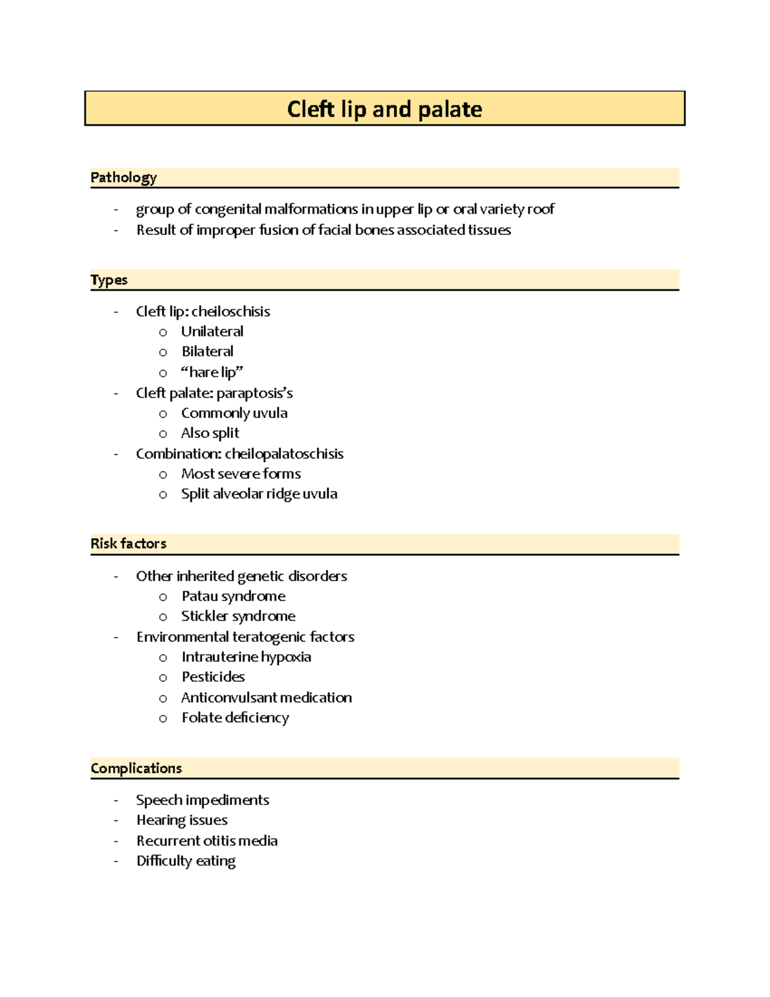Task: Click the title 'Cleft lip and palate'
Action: [384, 109]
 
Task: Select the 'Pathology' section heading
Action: [123, 178]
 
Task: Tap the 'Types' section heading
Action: [109, 280]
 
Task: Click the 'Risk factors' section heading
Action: [128, 544]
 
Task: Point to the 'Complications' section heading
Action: [136, 768]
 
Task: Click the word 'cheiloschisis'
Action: [230, 312]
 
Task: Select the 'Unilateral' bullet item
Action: [212, 332]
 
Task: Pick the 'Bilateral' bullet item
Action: [207, 352]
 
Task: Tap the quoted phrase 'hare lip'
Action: [212, 372]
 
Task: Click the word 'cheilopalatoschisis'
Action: [284, 454]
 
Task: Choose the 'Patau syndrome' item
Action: [233, 596]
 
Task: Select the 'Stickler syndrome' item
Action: [238, 616]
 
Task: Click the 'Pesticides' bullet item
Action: [213, 677]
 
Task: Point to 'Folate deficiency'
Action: [235, 718]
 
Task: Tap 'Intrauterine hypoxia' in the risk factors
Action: [246, 657]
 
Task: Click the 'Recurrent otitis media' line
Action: [207, 841]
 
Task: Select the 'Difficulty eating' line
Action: [185, 861]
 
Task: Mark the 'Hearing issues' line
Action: [182, 820]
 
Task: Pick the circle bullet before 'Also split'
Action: [163, 434]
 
